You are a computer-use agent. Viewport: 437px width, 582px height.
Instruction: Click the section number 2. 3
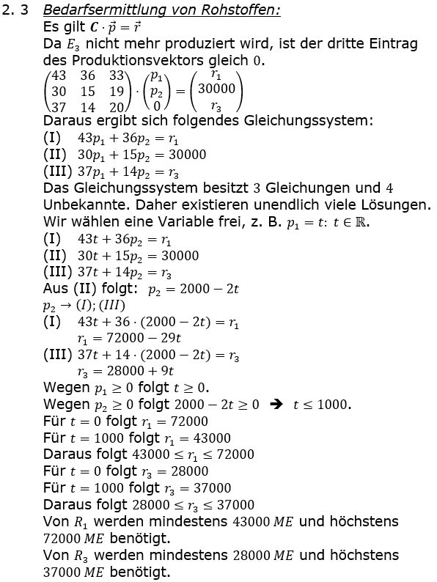coord(15,11)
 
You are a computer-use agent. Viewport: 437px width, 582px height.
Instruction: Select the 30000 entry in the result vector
coord(216,89)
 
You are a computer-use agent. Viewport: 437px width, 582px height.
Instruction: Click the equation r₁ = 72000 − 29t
coord(129,339)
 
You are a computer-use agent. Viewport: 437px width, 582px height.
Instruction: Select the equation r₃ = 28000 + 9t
coord(125,372)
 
